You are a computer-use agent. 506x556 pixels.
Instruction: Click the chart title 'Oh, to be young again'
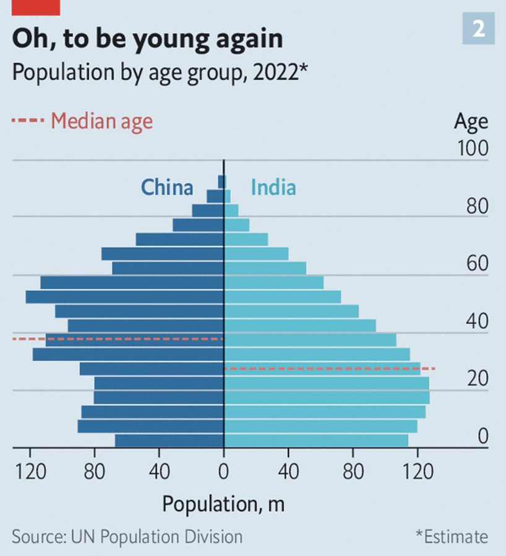click(x=147, y=39)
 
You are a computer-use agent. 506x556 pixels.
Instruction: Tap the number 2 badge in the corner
click(x=478, y=28)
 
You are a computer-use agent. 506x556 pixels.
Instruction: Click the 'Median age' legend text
click(x=101, y=120)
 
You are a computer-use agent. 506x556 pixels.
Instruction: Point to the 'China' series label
click(x=167, y=187)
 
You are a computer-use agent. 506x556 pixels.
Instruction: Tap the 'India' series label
click(x=273, y=187)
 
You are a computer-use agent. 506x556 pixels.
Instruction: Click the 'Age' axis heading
click(x=471, y=121)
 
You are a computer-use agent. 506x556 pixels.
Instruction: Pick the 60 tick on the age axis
click(x=476, y=264)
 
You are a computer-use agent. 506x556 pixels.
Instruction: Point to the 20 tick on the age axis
click(x=477, y=379)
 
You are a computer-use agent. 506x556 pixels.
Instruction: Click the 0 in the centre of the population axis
click(x=223, y=472)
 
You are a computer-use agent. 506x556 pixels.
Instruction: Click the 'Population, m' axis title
click(x=223, y=504)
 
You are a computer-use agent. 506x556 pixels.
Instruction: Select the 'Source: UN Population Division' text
click(x=127, y=536)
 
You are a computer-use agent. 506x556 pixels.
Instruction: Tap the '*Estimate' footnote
click(x=452, y=536)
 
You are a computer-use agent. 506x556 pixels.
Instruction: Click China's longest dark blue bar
click(x=124, y=297)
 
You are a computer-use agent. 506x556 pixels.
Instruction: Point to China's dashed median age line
click(x=118, y=339)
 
